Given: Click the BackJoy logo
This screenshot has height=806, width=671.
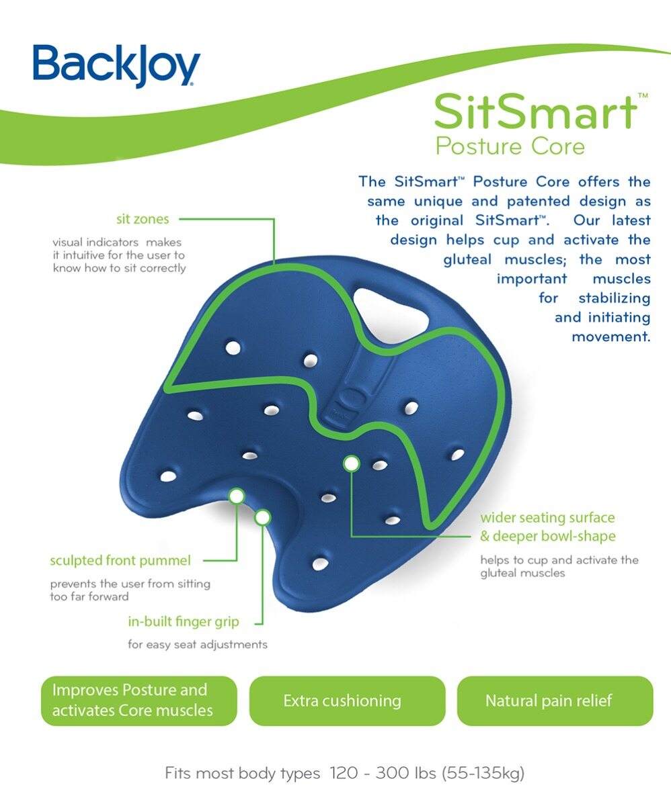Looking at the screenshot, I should pos(116,65).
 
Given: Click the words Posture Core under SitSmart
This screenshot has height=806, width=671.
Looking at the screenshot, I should pos(510,145).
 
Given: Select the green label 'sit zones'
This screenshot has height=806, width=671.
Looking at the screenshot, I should pos(143,219).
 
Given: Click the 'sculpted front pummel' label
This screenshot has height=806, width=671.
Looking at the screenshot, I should pos(120,560).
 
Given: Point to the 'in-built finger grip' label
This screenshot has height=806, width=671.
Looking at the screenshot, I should pos(184,621).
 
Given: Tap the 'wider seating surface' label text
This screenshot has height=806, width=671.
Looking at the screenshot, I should pos(547,518).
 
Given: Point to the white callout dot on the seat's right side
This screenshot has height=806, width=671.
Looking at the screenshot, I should pos(351,463).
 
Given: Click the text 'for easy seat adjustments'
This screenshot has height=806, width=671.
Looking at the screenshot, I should pos(198,645).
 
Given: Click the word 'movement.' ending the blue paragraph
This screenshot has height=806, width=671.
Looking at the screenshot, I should pos(610,337).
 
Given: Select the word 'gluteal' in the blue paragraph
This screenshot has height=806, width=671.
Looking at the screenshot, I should pos(468,259).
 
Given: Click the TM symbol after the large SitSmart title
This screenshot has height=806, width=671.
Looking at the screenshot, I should pos(642,96).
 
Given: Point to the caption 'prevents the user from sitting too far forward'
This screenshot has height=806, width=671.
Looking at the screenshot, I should pos(130,590).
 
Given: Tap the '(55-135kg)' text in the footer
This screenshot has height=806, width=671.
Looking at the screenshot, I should pos(483,773).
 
